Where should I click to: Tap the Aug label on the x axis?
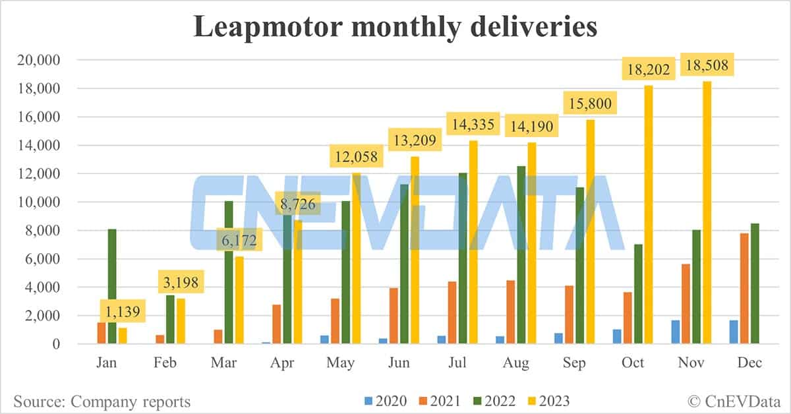coord(515,364)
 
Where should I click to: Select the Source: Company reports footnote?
coord(102,401)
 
